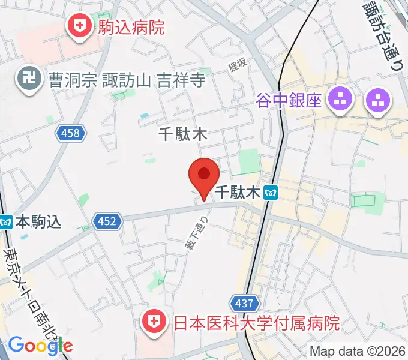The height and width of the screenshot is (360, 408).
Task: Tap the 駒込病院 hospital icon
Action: tap(78, 26)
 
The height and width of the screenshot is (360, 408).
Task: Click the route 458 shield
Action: tap(70, 133)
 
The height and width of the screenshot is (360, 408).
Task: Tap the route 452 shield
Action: tap(107, 222)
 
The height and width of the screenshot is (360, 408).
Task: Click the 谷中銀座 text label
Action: tap(289, 99)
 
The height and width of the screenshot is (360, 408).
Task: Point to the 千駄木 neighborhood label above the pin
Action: tap(182, 134)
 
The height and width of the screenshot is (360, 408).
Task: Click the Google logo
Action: tap(40, 345)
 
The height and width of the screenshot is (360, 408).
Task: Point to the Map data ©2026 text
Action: tap(358, 351)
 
